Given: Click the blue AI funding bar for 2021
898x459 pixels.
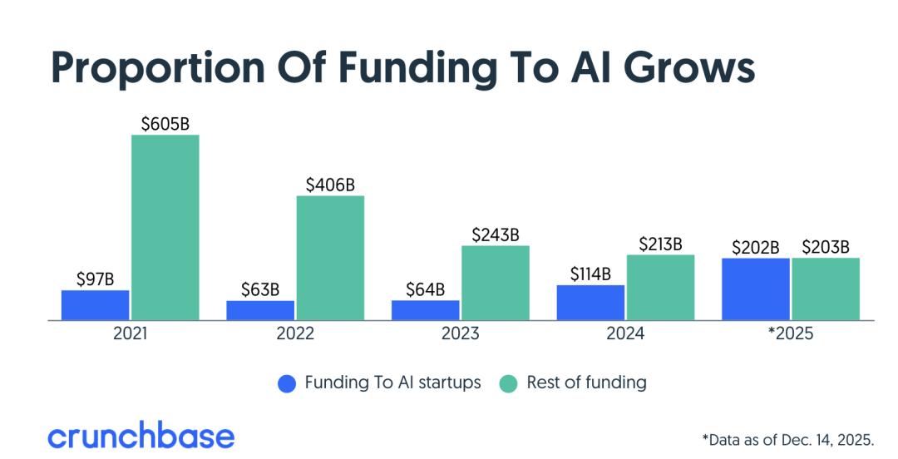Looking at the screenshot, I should (95, 305).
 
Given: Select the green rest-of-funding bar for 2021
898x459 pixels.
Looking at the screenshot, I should (165, 227).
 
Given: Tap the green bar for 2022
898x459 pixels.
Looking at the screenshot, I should (330, 258).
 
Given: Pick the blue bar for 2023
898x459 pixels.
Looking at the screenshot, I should (425, 310).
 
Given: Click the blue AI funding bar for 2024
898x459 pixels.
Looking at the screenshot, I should (590, 303).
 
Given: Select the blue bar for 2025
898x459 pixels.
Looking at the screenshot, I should (755, 289).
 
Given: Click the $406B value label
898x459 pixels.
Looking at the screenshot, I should (330, 185).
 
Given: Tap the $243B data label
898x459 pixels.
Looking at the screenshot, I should (496, 235).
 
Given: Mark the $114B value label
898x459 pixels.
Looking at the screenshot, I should (590, 274).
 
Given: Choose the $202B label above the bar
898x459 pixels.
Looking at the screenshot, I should (755, 248).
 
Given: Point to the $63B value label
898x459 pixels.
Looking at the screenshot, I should (260, 290).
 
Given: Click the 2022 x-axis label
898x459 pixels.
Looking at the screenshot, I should (295, 334).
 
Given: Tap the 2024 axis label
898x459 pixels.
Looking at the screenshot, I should (625, 334).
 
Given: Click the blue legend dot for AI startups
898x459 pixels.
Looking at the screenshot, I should (287, 383).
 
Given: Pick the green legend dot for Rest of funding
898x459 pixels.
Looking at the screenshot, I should (508, 383).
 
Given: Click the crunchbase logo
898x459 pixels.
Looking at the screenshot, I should (141, 436).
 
